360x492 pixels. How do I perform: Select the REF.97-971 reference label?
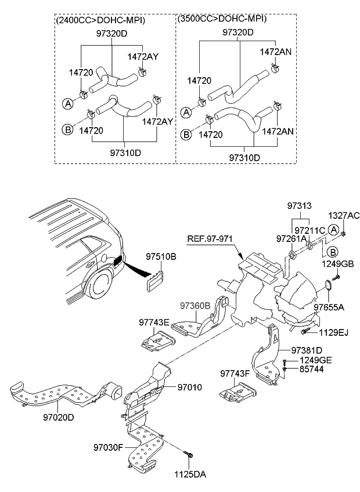click(213, 238)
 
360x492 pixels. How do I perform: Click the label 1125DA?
click(191, 473)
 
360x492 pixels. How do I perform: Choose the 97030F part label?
click(108, 447)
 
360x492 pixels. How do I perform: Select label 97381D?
click(307, 350)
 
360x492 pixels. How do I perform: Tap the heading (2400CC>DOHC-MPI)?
click(100, 21)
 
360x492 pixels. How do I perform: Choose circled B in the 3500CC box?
click(186, 135)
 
